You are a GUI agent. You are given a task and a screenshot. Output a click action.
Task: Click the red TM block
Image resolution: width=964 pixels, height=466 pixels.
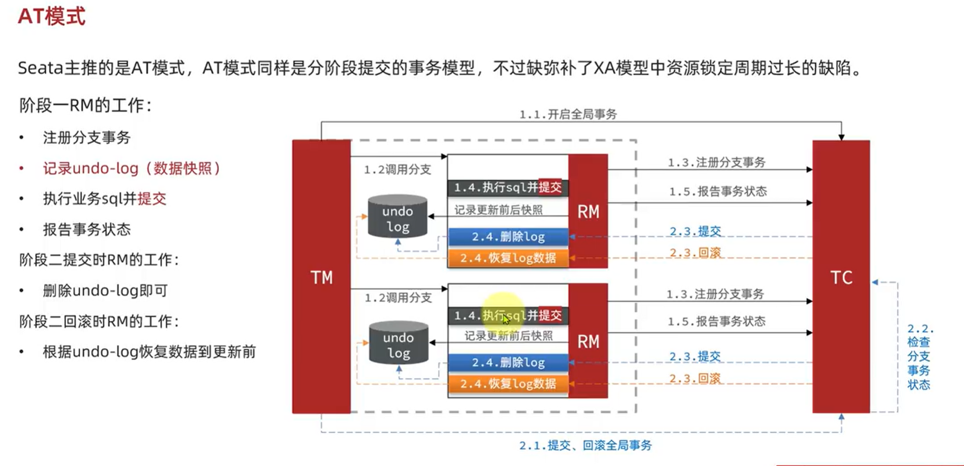click(x=321, y=276)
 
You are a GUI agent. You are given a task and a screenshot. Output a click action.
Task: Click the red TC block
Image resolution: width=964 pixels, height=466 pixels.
click(x=841, y=276)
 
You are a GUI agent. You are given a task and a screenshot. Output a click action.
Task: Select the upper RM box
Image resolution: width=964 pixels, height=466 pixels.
click(x=588, y=211)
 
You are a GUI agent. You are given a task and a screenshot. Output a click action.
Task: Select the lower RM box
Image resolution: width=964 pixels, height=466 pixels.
click(x=588, y=341)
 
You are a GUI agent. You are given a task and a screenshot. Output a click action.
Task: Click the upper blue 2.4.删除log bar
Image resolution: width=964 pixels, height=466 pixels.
click(x=508, y=237)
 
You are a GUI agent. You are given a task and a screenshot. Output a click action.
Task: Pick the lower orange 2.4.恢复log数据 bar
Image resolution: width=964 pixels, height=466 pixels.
click(x=508, y=384)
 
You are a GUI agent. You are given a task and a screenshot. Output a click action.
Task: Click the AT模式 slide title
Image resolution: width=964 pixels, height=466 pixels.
click(x=52, y=16)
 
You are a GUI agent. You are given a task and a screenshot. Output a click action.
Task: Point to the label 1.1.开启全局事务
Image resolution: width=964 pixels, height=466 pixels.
click(x=568, y=114)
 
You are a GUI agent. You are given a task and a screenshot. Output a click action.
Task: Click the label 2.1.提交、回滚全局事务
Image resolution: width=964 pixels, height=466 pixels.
click(x=585, y=445)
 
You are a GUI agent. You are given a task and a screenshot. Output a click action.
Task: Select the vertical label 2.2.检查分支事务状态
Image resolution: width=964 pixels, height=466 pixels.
click(x=919, y=357)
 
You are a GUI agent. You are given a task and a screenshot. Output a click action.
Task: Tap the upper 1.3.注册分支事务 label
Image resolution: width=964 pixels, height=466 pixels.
click(x=716, y=163)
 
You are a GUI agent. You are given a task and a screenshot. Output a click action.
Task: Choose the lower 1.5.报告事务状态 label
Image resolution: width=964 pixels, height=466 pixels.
click(x=716, y=321)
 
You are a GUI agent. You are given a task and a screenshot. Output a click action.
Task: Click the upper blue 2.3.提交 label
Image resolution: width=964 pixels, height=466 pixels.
click(x=695, y=231)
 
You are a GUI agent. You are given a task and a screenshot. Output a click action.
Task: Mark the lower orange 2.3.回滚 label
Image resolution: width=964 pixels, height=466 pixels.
click(x=694, y=378)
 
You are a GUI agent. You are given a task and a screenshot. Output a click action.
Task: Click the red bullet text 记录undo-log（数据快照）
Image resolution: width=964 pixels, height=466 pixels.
click(x=131, y=169)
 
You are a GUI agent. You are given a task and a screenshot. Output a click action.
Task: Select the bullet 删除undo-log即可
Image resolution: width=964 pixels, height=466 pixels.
click(x=105, y=291)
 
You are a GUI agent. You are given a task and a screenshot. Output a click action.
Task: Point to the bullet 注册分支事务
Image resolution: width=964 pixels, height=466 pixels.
click(x=87, y=138)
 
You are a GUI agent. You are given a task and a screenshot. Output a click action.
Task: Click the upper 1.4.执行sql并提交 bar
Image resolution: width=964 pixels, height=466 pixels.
click(x=508, y=188)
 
